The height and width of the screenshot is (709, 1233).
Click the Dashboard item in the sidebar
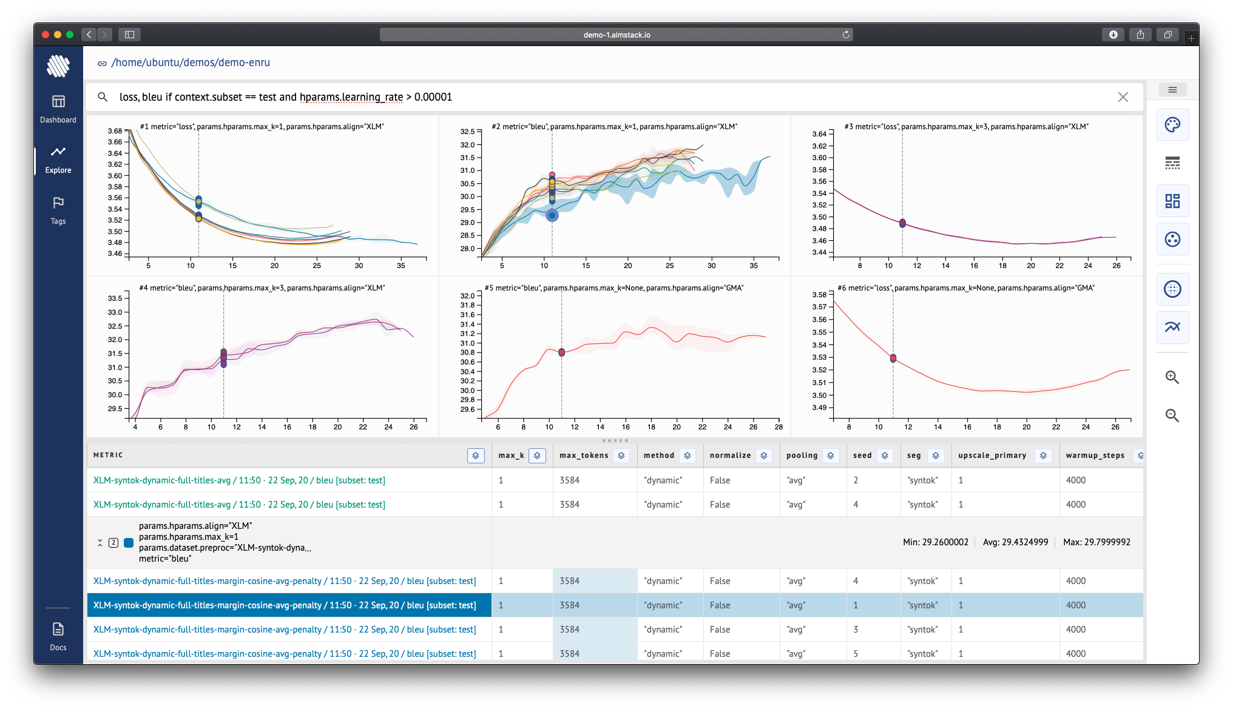pyautogui.click(x=58, y=109)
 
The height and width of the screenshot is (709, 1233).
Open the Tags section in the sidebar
pyautogui.click(x=58, y=210)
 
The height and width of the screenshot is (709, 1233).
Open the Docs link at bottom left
pyautogui.click(x=58, y=636)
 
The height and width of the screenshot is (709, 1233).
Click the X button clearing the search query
pyautogui.click(x=1123, y=97)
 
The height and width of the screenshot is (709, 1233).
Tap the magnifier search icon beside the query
pyautogui.click(x=103, y=97)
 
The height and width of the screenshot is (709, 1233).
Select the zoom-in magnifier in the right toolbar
pyautogui.click(x=1172, y=377)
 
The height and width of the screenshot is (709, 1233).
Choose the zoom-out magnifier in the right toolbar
pyautogui.click(x=1172, y=415)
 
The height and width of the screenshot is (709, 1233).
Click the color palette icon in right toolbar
pyautogui.click(x=1172, y=125)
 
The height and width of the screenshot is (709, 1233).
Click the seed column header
pyautogui.click(x=862, y=455)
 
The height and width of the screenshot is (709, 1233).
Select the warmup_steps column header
pyautogui.click(x=1095, y=455)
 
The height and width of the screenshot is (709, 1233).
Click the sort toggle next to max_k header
pyautogui.click(x=537, y=455)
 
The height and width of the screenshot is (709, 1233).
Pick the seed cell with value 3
pyautogui.click(x=856, y=630)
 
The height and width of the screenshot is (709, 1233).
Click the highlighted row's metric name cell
pyautogui.click(x=285, y=605)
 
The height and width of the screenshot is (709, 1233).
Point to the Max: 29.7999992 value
pyautogui.click(x=1096, y=542)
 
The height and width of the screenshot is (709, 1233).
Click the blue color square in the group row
pyautogui.click(x=129, y=543)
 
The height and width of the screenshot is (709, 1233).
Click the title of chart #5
pyautogui.click(x=613, y=288)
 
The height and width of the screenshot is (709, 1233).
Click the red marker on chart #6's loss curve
pyautogui.click(x=893, y=358)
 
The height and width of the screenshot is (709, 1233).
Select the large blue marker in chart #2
pyautogui.click(x=552, y=215)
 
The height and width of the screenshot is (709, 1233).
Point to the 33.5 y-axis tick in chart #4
pyautogui.click(x=115, y=298)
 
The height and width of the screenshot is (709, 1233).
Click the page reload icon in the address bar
pyautogui.click(x=846, y=35)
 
